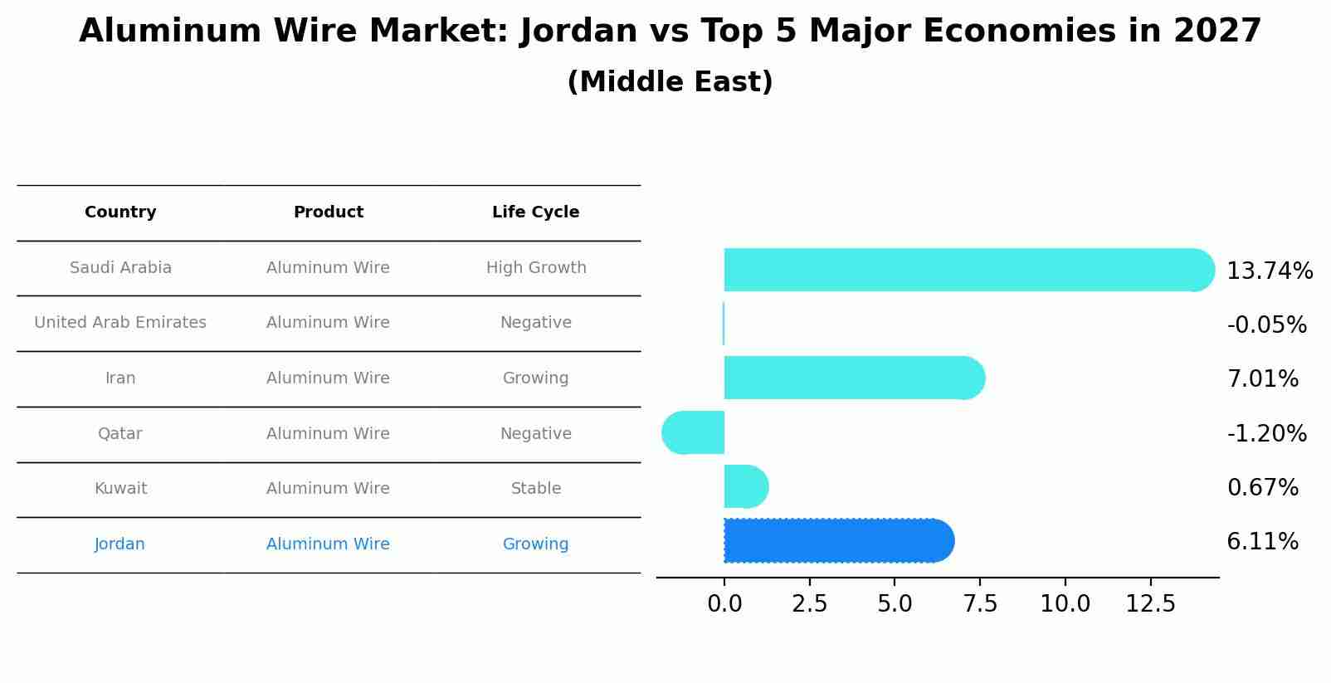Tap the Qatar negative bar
[x=694, y=432]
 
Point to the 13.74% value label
[x=1269, y=271]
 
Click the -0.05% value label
[x=1266, y=325]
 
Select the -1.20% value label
[x=1266, y=434]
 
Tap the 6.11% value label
[x=1262, y=542]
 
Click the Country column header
[x=120, y=212]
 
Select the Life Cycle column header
[x=535, y=212]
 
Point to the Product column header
[x=328, y=212]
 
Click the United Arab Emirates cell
[x=120, y=323]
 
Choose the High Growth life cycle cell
[x=535, y=268]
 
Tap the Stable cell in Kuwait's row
[x=535, y=489]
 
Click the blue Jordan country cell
[x=119, y=544]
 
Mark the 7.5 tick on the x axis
[x=980, y=604]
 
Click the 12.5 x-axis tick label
[x=1150, y=604]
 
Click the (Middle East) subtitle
[x=670, y=82]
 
